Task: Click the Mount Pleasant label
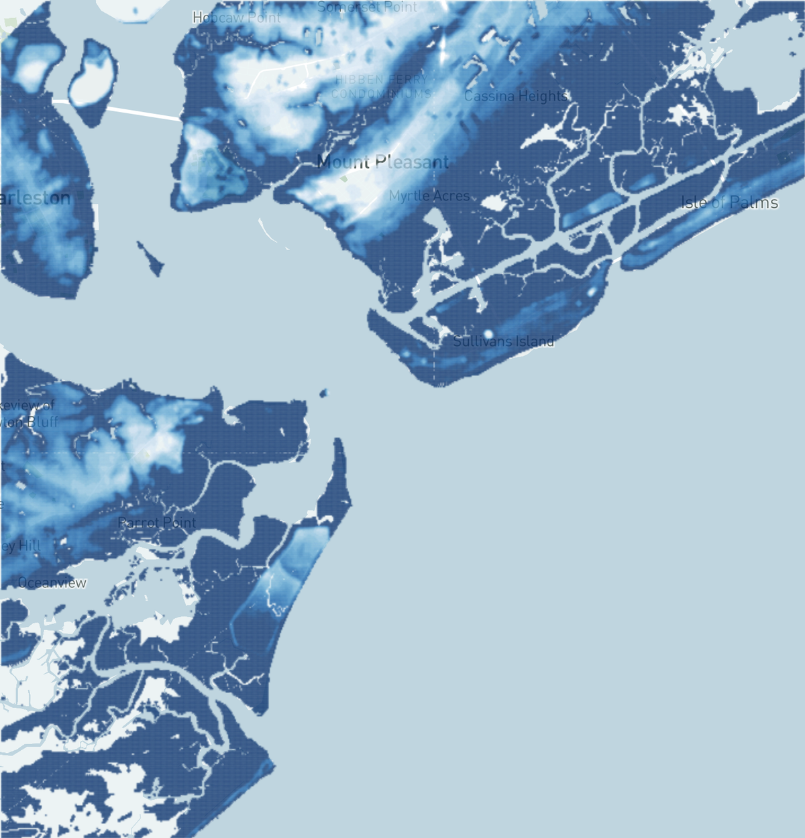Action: tap(382, 162)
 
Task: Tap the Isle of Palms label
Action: tap(729, 202)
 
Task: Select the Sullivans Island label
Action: tap(503, 341)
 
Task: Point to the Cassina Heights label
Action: tap(515, 97)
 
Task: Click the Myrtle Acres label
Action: tap(429, 196)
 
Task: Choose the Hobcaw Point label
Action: tap(236, 17)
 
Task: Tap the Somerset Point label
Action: tap(367, 7)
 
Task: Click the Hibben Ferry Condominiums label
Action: tap(382, 87)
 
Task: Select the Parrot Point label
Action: tap(157, 523)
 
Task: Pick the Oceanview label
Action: tap(52, 583)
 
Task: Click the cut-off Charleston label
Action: tap(36, 198)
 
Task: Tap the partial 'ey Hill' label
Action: tap(21, 546)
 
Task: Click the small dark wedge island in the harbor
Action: tap(151, 259)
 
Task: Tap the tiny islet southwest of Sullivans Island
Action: tap(324, 393)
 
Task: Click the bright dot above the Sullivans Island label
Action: tap(488, 333)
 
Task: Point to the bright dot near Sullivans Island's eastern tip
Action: tap(592, 291)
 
